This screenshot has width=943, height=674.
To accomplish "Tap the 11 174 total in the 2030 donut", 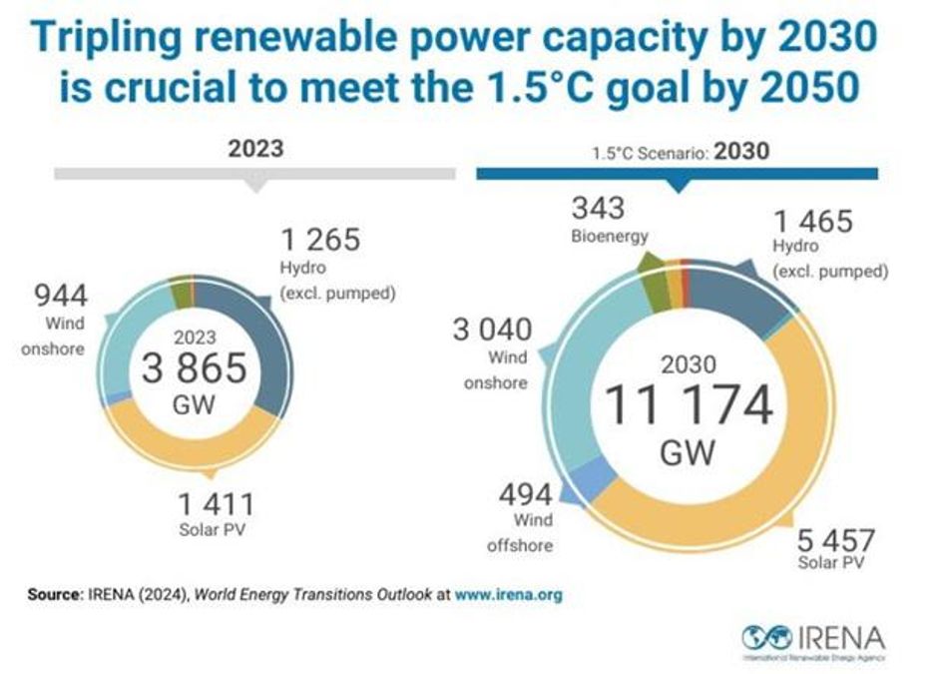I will [x=688, y=405].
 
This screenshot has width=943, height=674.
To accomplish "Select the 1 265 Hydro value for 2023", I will [x=319, y=241].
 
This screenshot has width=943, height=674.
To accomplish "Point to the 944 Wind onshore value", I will [x=61, y=296].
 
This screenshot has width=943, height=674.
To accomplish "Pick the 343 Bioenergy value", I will [x=598, y=210].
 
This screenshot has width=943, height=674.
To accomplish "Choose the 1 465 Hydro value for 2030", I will [x=813, y=221].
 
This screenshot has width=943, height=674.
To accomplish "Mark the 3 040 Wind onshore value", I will [x=492, y=329].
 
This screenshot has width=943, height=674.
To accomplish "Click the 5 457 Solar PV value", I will [x=835, y=542].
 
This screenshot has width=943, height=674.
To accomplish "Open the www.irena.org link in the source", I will [x=508, y=594].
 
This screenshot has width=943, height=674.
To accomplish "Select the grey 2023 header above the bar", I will [x=255, y=149].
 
